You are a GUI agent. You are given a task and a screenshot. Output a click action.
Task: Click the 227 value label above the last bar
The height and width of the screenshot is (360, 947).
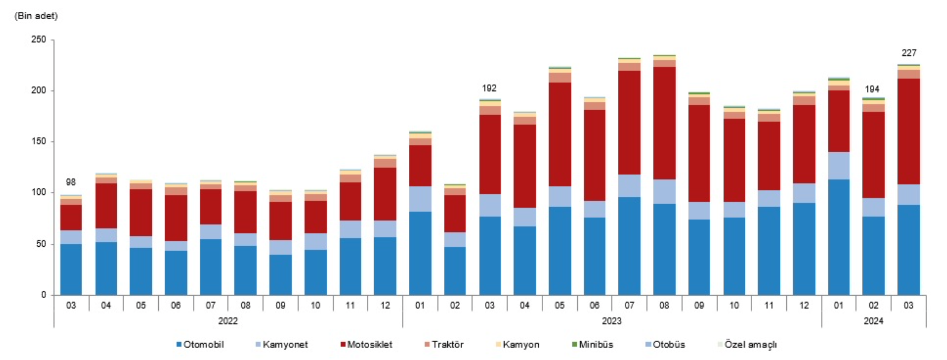point(909,53)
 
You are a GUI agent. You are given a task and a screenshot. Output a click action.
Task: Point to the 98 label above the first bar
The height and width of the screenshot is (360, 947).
point(71,182)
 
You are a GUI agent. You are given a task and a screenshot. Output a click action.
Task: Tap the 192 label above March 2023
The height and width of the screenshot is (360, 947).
point(489,88)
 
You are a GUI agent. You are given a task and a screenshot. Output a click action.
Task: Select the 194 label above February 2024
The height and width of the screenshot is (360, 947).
point(872,89)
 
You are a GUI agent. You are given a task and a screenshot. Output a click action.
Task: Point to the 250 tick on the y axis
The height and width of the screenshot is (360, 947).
point(39,39)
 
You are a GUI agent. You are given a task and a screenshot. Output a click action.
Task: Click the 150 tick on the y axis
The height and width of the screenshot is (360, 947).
point(39,141)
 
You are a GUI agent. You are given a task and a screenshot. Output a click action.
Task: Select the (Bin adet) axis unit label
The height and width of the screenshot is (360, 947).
point(36,16)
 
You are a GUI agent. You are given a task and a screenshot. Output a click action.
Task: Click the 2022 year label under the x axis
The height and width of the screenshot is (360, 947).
point(228,321)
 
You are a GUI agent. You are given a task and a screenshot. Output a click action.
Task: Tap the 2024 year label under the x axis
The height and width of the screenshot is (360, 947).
point(874,321)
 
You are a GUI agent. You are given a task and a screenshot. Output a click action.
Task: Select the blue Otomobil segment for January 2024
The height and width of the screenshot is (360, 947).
point(839,237)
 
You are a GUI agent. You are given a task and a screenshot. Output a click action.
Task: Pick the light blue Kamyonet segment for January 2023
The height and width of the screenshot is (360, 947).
point(420,199)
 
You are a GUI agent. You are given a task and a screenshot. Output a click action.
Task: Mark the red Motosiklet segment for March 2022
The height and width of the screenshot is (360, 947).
point(71,218)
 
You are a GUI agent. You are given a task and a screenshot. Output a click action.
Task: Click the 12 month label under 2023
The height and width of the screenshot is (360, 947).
point(804,305)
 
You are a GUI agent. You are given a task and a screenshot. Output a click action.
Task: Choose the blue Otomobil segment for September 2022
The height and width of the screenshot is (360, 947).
point(280,275)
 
